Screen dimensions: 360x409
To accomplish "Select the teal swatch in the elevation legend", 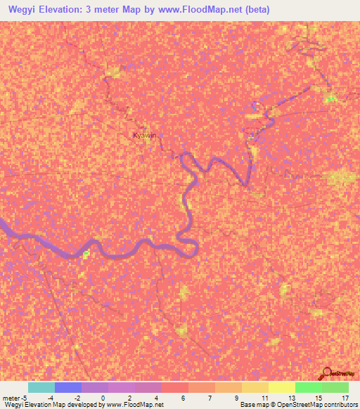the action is (x=41, y=387).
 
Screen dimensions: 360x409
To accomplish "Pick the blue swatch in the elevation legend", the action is (x=68, y=387).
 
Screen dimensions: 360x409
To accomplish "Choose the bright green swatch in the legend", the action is (x=308, y=387).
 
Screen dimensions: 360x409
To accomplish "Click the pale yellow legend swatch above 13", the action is (x=281, y=387).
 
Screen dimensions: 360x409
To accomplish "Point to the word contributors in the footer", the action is (x=334, y=405).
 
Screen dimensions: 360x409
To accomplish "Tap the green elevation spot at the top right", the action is (x=330, y=98).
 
